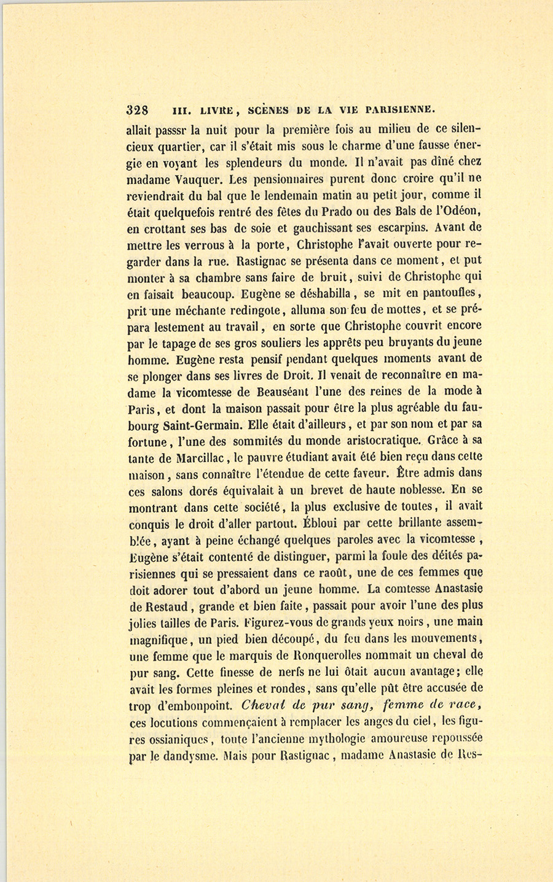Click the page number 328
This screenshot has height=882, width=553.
click(137, 110)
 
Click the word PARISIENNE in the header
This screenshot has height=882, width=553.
click(400, 110)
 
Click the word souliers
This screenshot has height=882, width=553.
click(262, 342)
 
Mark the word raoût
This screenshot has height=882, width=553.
click(326, 573)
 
